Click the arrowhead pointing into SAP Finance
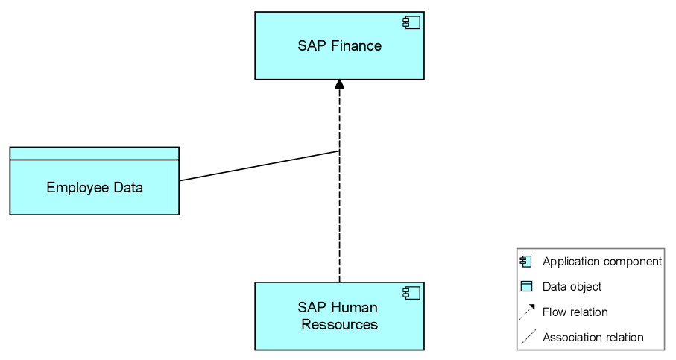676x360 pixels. point(340,83)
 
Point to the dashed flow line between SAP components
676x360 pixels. point(340,224)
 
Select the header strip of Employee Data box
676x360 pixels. point(95,154)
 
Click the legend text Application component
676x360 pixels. point(601,262)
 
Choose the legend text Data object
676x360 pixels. point(572,286)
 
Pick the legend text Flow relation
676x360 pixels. point(575,312)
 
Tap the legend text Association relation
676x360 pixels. point(593,337)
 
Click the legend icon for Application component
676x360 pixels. point(526,262)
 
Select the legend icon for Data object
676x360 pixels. point(526,286)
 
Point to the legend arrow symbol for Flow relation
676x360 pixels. point(527,312)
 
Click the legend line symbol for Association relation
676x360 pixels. point(527,337)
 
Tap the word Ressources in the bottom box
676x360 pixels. point(339,325)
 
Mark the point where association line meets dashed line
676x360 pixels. point(340,151)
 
